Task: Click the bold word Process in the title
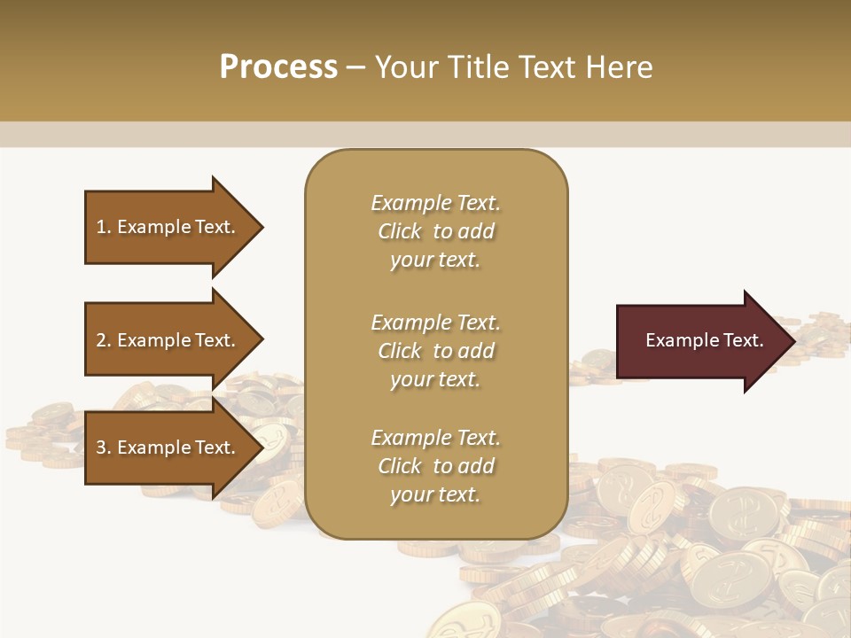click(x=278, y=67)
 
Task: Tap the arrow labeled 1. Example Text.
click(x=168, y=227)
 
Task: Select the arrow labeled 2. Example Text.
click(x=168, y=340)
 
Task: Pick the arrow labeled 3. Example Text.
click(x=168, y=447)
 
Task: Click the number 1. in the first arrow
click(x=104, y=228)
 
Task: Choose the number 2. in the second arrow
click(x=104, y=341)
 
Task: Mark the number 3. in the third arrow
click(x=104, y=448)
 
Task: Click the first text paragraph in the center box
click(x=435, y=231)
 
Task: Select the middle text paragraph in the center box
click(x=435, y=351)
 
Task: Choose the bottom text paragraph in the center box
click(x=435, y=466)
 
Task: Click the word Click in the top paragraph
click(x=400, y=232)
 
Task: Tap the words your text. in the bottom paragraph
click(x=435, y=495)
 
